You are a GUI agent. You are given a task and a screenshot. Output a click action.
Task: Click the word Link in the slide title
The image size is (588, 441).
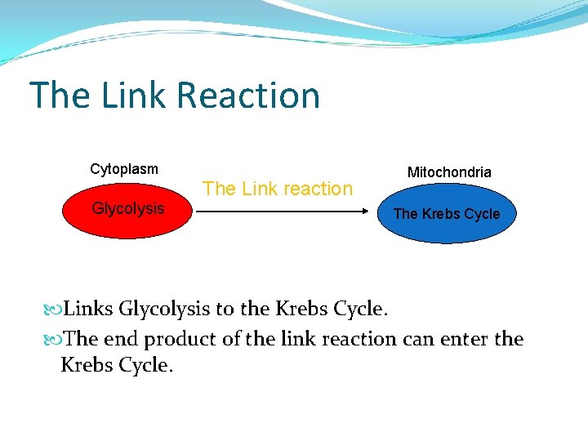pos(134,96)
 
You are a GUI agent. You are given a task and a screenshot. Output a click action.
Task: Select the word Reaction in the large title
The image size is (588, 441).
pos(248,96)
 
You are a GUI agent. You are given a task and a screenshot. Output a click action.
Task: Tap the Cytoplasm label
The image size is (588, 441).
pos(124,170)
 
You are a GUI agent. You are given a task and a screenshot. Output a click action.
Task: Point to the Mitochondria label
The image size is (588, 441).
pos(449,172)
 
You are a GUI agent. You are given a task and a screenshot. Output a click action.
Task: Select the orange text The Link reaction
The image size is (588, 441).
pos(278,189)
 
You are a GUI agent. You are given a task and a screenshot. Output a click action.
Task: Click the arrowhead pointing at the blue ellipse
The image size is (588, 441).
pos(366,212)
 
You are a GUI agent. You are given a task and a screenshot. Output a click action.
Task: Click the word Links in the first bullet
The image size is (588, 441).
pos(88,310)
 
